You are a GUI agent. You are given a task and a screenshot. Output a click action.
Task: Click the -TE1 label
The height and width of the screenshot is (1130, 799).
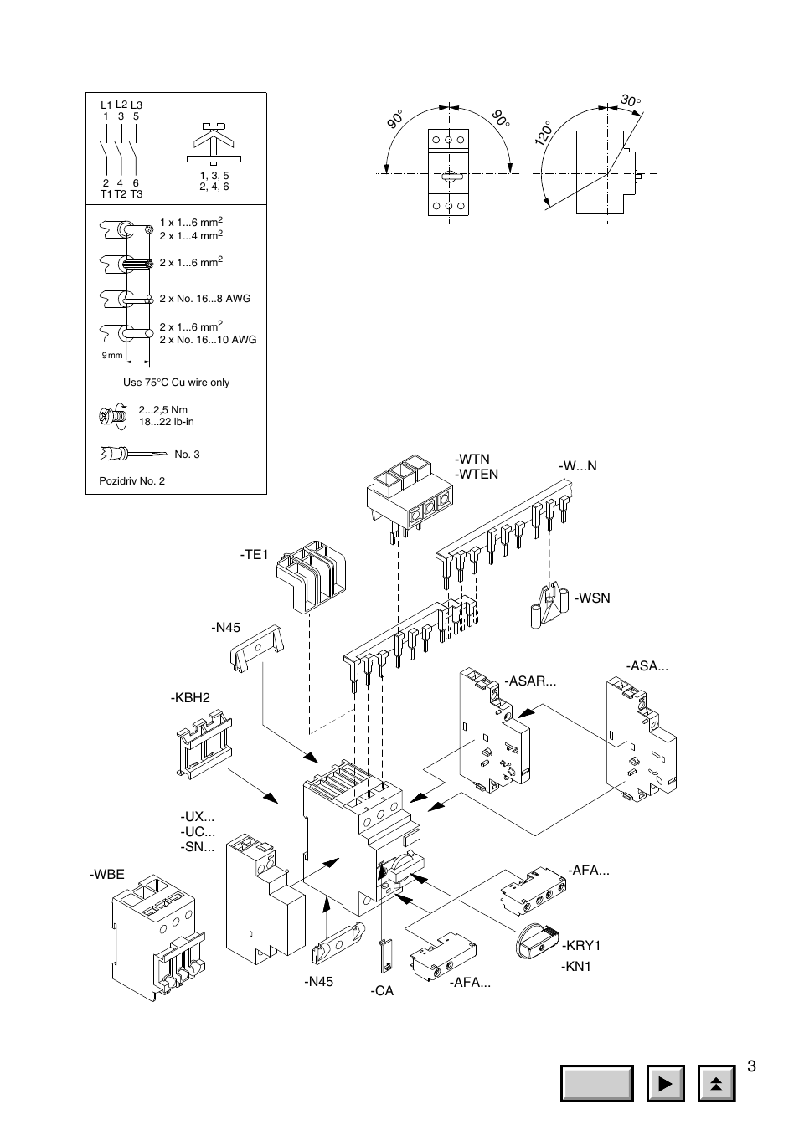tap(254, 555)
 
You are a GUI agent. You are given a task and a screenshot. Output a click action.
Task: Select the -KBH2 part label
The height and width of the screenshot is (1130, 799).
tap(190, 698)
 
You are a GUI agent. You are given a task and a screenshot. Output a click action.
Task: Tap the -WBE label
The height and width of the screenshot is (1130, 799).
tap(107, 874)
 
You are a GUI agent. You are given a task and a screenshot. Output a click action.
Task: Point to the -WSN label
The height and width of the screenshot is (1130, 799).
tap(593, 598)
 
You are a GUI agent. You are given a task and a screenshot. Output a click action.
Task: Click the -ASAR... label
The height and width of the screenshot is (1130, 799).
tap(530, 681)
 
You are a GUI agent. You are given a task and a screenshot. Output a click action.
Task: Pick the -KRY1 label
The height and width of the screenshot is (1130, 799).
tap(581, 945)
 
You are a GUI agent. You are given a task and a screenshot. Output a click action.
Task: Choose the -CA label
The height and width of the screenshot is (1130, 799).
tap(382, 991)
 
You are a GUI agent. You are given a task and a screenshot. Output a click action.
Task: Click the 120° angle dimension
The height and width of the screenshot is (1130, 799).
tap(543, 133)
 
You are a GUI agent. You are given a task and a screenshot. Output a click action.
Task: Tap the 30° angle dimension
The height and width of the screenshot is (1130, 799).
tap(631, 100)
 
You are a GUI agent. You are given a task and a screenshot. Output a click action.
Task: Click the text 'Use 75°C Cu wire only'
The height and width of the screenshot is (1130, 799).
tap(176, 383)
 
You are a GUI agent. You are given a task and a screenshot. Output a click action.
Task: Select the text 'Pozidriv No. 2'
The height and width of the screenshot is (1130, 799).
tap(131, 480)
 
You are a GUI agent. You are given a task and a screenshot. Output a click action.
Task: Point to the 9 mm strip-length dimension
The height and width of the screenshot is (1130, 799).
tap(112, 355)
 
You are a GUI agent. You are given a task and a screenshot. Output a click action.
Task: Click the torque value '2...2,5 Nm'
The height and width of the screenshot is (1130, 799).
tap(163, 410)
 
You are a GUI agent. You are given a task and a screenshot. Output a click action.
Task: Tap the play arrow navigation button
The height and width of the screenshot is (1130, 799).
tap(666, 1083)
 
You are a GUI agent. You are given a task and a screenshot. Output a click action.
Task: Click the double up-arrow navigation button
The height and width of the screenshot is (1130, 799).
tap(717, 1083)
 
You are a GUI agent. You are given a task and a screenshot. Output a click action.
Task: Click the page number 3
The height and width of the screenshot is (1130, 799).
tap(751, 1066)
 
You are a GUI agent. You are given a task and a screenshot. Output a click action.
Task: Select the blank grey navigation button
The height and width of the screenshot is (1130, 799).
tap(597, 1083)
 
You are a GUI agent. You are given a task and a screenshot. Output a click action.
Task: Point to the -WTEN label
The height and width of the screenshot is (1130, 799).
tap(477, 475)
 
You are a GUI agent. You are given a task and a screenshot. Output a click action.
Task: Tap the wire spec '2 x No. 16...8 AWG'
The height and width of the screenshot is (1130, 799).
tap(205, 299)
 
